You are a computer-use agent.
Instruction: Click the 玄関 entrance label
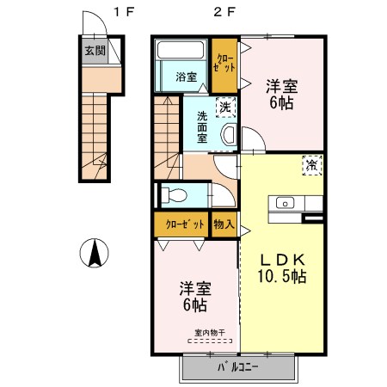coord(95,51)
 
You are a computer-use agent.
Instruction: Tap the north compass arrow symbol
coord(95,253)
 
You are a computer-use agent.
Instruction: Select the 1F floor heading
coord(124,12)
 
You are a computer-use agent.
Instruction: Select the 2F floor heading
coord(224,12)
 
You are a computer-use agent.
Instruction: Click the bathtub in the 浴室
coord(181,50)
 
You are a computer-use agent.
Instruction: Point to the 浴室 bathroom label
coord(187,77)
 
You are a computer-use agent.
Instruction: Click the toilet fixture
coord(174,195)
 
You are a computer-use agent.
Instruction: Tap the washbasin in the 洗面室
coord(229,134)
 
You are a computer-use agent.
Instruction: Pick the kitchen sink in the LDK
coord(285,204)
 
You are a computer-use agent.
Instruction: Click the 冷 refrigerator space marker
coord(312,165)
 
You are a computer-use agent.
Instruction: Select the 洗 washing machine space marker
coord(225,107)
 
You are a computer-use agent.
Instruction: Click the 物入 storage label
coord(224,224)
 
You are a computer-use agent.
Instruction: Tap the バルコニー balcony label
coord(238,367)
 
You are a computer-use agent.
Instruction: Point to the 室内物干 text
coord(210,333)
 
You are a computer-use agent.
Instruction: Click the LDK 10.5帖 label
coord(282,268)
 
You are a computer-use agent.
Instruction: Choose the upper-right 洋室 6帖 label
coord(282,95)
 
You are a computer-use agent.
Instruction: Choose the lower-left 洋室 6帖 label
coord(195,297)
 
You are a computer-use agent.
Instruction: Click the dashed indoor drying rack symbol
coord(210,341)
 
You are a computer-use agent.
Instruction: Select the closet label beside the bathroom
coord(224,63)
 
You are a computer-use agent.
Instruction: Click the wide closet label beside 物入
coord(185,224)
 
